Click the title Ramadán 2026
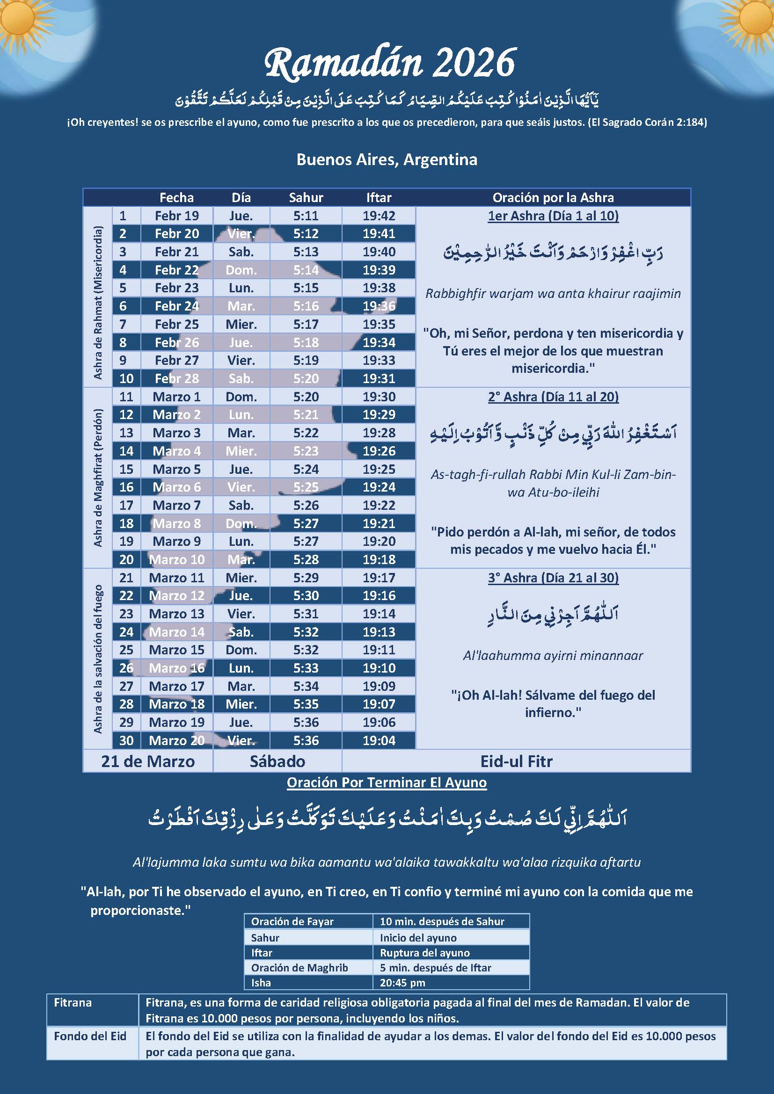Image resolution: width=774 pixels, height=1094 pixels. click(x=389, y=63)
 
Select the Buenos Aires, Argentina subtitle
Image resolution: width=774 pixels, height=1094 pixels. click(x=387, y=159)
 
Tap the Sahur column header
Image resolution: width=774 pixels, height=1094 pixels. click(x=306, y=197)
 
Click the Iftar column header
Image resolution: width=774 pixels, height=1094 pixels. click(x=379, y=197)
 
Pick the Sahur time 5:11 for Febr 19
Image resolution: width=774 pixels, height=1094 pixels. click(x=306, y=215)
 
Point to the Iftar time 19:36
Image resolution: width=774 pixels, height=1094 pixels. click(x=379, y=306)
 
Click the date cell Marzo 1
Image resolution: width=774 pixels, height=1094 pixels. click(x=176, y=397)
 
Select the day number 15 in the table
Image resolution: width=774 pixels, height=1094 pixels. click(x=126, y=469)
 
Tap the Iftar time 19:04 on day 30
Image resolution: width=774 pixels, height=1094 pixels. click(x=379, y=740)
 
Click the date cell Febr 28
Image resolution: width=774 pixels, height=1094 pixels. click(x=176, y=378)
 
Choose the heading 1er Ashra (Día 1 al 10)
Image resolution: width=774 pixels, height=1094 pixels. click(x=553, y=216)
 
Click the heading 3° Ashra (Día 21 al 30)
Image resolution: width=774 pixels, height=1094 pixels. click(x=553, y=578)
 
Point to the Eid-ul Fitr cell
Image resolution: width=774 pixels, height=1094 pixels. click(x=516, y=761)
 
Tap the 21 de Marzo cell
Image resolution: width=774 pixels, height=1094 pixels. click(x=148, y=761)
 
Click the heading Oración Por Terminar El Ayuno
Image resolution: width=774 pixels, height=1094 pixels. click(x=387, y=782)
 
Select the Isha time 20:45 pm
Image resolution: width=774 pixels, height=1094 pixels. click(x=403, y=983)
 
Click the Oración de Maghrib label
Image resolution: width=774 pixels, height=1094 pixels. click(x=299, y=968)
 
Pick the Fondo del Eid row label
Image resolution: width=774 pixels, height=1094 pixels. click(x=90, y=1036)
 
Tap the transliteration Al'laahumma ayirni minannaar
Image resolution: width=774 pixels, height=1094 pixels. click(x=553, y=656)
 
